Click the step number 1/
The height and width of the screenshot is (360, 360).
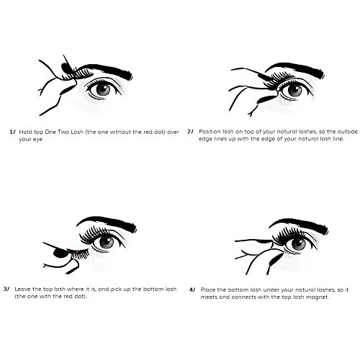click(x=12, y=132)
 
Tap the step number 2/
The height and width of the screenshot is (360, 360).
click(x=190, y=132)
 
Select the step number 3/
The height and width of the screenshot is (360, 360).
click(x=6, y=289)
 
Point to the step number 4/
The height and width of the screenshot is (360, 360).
click(x=192, y=289)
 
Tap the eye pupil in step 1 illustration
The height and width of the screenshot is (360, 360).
click(x=103, y=90)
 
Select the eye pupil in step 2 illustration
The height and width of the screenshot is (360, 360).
click(x=294, y=91)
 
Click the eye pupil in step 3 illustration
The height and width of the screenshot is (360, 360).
click(x=107, y=242)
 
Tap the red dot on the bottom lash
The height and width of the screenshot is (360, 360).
click(x=77, y=251)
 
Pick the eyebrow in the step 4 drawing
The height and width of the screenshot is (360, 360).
click(x=299, y=225)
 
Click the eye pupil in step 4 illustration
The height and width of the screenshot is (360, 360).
click(x=299, y=244)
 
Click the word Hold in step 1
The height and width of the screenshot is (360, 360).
click(x=24, y=132)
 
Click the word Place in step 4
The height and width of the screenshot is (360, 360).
click(x=207, y=289)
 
